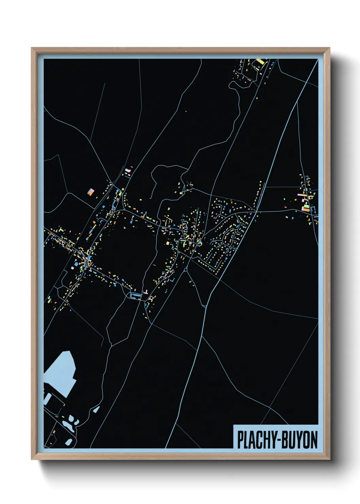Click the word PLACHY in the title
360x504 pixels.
click(257, 440)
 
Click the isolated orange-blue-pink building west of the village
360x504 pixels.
click(91, 192)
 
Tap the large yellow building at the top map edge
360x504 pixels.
click(260, 62)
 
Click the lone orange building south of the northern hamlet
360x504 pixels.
click(257, 98)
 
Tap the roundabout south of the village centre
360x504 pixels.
click(185, 270)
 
